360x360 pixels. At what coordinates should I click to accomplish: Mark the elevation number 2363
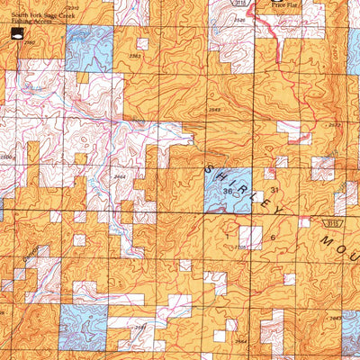coord(135,57)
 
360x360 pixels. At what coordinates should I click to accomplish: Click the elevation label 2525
coord(238,18)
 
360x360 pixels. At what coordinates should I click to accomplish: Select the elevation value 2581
coord(139,328)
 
